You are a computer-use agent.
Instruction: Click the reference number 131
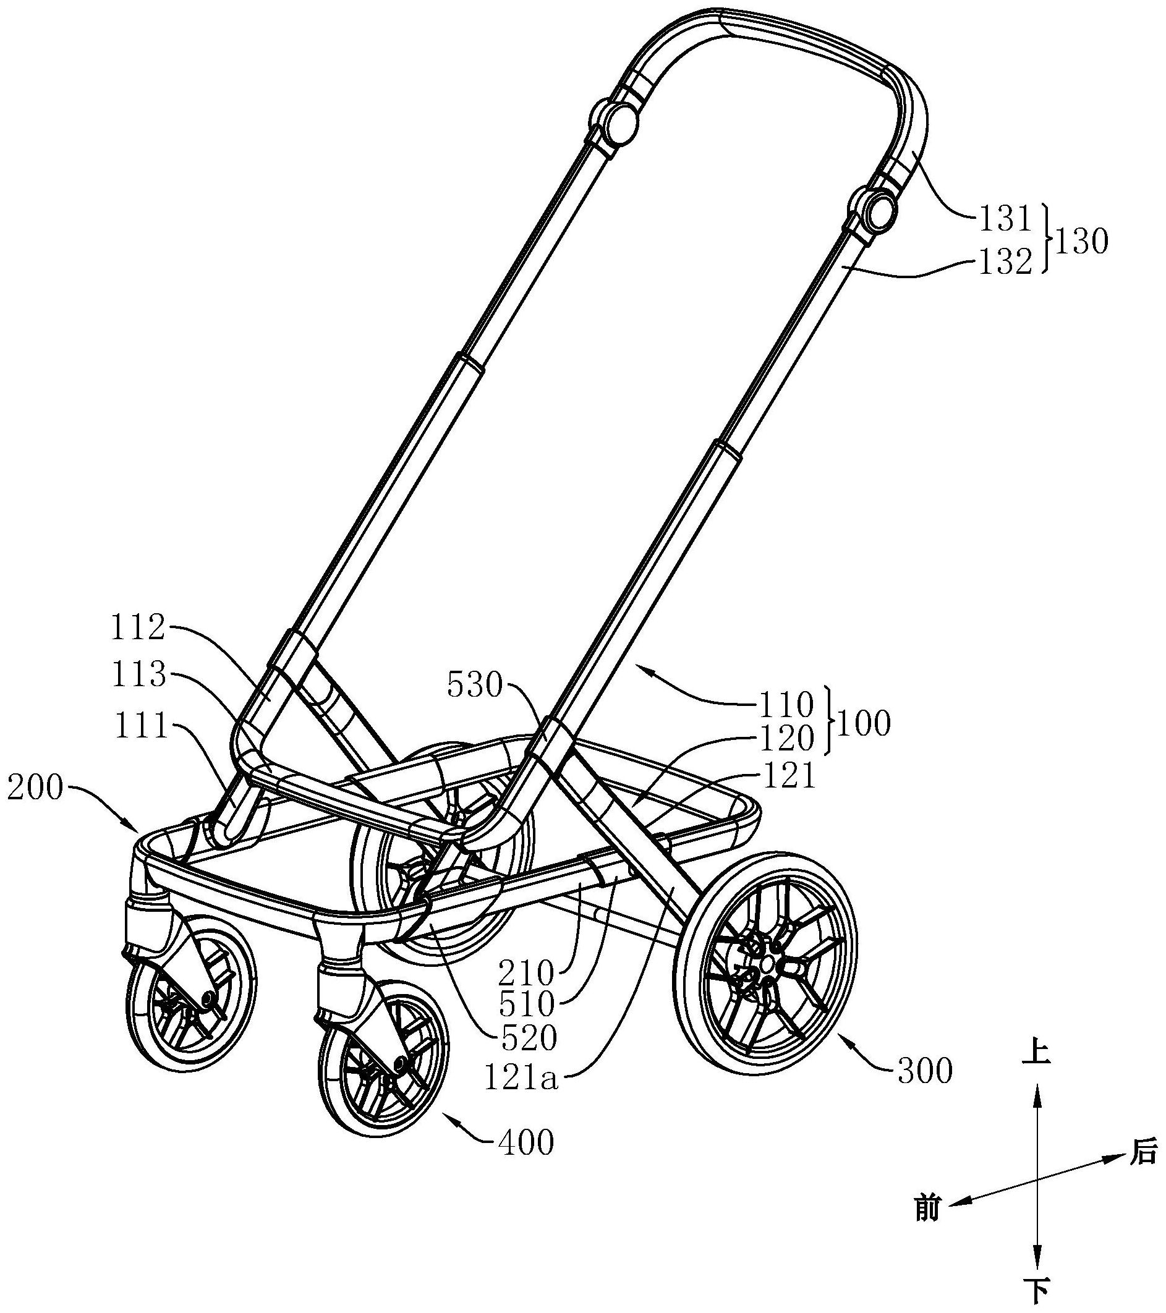click(1004, 219)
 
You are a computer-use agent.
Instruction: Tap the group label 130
click(1082, 243)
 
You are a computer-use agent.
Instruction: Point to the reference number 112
click(138, 628)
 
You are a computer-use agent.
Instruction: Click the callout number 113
click(138, 676)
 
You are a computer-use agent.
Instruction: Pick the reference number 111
click(141, 728)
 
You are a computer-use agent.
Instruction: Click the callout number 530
click(474, 687)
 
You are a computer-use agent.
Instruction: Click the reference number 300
click(924, 1071)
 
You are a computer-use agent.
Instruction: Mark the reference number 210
click(527, 974)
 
